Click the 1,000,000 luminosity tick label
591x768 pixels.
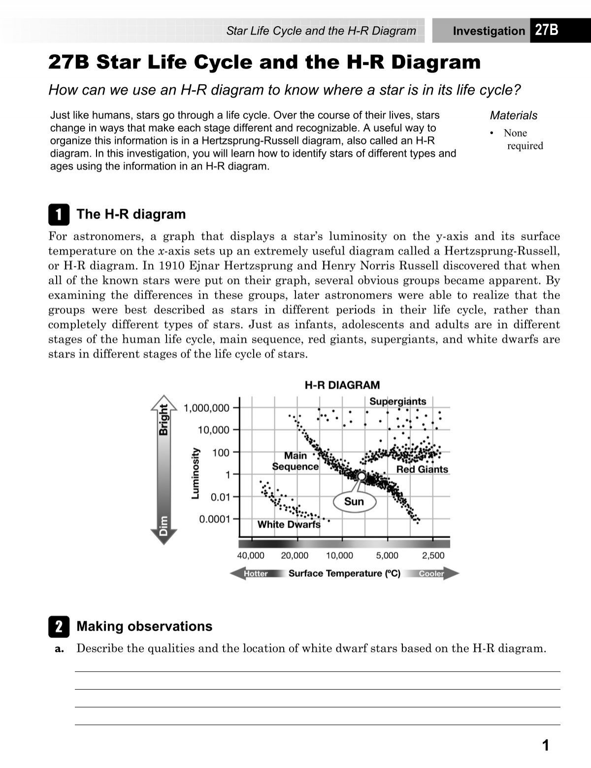(206, 408)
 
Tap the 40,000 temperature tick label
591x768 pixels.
(251, 556)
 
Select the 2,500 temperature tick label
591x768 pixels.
(433, 556)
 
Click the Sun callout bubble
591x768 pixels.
(354, 501)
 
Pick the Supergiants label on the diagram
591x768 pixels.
(397, 401)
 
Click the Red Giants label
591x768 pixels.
(422, 469)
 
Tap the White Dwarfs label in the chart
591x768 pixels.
(289, 525)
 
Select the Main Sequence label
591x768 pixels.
(295, 461)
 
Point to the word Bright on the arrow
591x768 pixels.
(163, 419)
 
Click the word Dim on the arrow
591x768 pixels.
(163, 526)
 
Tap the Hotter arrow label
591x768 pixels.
(256, 573)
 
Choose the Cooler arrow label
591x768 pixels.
(431, 573)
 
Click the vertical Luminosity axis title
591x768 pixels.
(195, 473)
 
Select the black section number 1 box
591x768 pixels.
(59, 215)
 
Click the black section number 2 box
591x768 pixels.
(59, 627)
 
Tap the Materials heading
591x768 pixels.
(513, 116)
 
